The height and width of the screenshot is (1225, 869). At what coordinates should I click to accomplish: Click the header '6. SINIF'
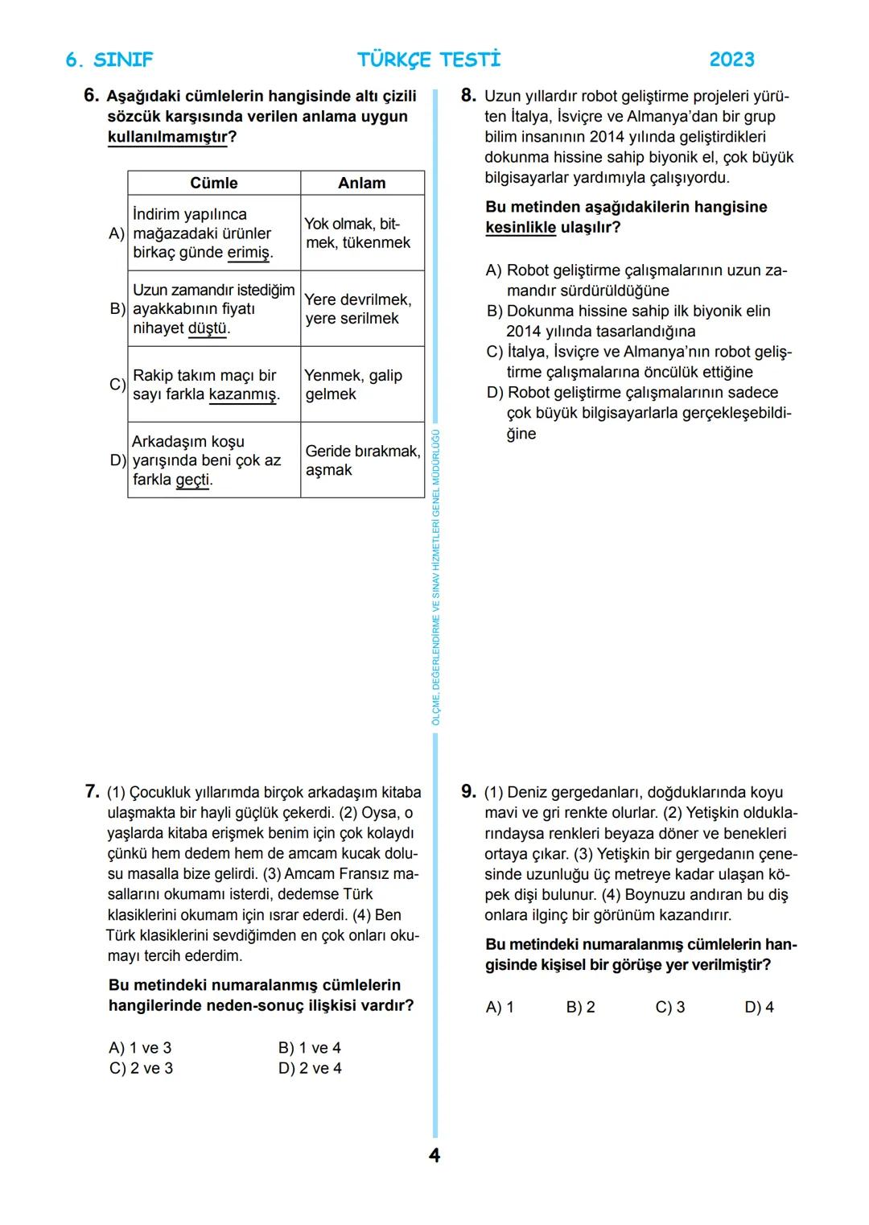tap(109, 60)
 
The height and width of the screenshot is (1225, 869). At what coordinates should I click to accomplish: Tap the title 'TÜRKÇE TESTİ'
tap(429, 60)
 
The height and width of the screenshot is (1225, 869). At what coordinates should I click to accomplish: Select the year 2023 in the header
tap(731, 60)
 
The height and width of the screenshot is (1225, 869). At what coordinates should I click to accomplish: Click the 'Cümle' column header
tap(213, 183)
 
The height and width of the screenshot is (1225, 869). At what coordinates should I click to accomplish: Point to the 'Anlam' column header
tap(361, 183)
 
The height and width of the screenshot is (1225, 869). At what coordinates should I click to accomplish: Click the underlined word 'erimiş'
tap(249, 253)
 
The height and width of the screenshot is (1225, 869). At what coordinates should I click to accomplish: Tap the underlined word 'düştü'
tap(207, 328)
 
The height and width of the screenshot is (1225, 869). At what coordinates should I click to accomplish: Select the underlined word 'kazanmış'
tap(242, 394)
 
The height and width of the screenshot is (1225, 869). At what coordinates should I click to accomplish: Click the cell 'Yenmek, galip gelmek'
tap(352, 385)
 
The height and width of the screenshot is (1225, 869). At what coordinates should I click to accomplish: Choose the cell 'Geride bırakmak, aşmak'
tap(361, 460)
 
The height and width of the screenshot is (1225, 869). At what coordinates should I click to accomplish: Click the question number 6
tap(92, 96)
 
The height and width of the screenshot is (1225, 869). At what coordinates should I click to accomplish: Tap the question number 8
tap(468, 96)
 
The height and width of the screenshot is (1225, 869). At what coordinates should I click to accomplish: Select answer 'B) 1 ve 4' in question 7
tap(310, 1048)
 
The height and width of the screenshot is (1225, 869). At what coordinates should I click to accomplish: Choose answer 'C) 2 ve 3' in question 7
tap(141, 1068)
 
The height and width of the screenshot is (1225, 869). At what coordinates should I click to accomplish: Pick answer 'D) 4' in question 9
tap(759, 1007)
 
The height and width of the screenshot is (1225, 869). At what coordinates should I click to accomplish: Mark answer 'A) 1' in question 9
tap(500, 1007)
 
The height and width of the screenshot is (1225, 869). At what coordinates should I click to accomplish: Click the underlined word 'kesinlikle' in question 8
tap(520, 227)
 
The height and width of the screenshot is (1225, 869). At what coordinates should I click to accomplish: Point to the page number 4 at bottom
tap(434, 1156)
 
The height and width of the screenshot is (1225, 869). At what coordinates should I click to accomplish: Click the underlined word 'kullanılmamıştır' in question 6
tap(167, 137)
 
